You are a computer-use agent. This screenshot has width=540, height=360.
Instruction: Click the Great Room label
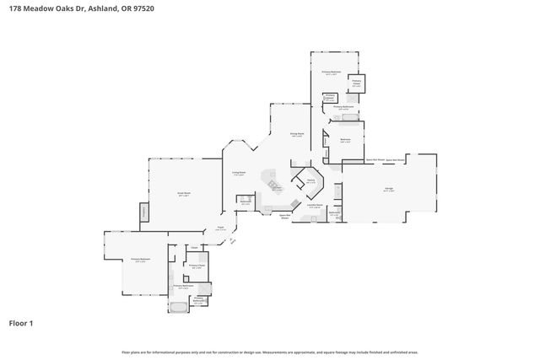coord(182,194)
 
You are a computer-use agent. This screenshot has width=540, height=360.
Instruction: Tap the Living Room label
coord(239,173)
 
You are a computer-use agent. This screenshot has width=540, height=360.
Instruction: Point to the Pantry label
coord(310,180)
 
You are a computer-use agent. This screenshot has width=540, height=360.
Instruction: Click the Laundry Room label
coord(315,206)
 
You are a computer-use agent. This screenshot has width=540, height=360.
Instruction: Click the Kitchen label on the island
coord(276,188)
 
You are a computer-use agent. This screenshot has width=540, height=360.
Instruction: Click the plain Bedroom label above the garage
coord(345,139)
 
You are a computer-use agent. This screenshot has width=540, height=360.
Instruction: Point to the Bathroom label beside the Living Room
coord(246,201)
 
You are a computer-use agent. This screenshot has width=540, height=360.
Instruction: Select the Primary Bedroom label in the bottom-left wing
coord(140,259)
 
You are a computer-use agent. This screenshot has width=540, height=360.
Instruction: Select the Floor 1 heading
coord(22,323)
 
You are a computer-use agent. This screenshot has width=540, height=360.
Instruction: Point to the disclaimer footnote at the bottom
coord(269,352)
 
